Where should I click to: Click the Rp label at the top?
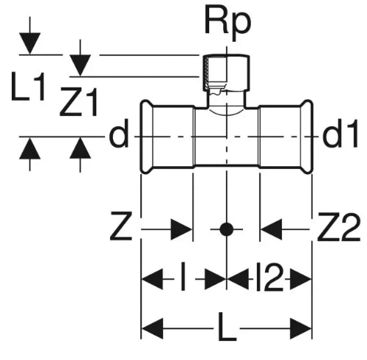[228, 24]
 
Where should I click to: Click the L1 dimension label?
[28, 87]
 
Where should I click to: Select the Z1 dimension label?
[79, 101]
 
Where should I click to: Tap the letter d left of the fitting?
[118, 134]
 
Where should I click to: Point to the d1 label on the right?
[341, 134]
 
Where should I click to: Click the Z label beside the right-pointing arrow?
[121, 226]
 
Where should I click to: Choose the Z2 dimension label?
[339, 226]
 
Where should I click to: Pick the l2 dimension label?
[269, 277]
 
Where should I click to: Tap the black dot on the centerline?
[226, 229]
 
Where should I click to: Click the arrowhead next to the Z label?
[181, 229]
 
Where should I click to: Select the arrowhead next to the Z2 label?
[271, 229]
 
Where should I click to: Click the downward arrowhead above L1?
[30, 43]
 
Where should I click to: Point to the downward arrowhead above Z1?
[80, 65]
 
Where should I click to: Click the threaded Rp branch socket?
[226, 72]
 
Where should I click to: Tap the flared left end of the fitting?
[147, 137]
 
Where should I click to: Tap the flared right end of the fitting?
[307, 137]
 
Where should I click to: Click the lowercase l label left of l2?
[183, 277]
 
